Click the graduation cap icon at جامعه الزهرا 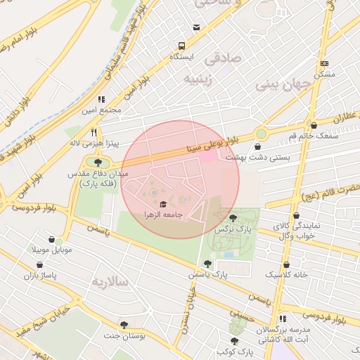(x=163, y=204)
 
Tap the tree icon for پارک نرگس (x=233, y=218)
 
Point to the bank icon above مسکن (x=323, y=63)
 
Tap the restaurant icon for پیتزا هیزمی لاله (x=94, y=131)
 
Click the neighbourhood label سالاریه (x=111, y=281)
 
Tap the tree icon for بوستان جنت (x=124, y=325)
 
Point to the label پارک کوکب (x=234, y=351)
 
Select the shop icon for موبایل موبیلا (x=49, y=239)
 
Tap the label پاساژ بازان (x=39, y=275)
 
